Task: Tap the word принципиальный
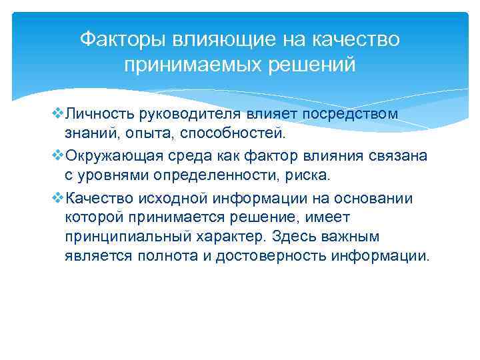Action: pyautogui.click(x=127, y=237)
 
